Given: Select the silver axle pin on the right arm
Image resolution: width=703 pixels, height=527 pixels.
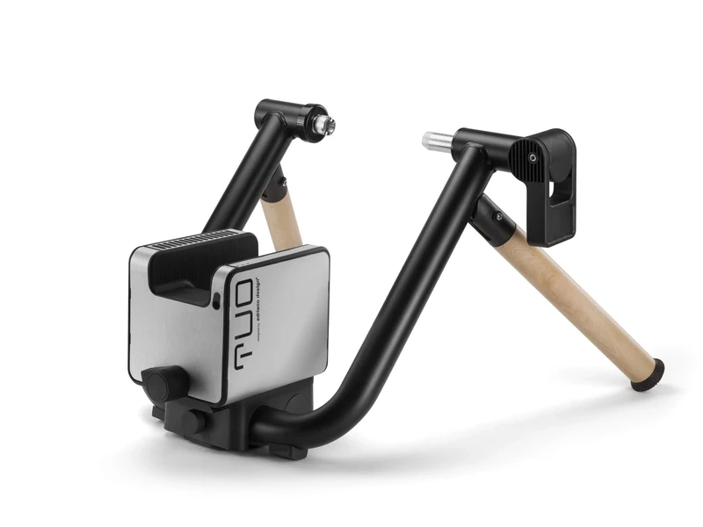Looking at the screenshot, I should coord(436,140).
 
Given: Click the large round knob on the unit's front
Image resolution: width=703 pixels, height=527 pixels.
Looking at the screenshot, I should coord(164,384).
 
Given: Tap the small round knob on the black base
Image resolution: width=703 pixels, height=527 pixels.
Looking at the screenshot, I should coord(192,422).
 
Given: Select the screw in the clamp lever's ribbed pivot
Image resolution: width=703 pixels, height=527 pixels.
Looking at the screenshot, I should coord(532,158).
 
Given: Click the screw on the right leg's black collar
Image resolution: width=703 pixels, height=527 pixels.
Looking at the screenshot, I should coord(498,216).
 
